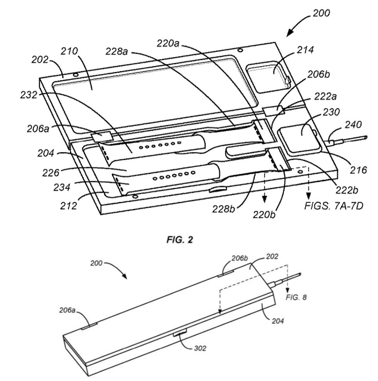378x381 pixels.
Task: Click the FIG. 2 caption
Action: pos(180,240)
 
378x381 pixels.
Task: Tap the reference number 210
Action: pos(69,51)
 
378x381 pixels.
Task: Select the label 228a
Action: pos(116,51)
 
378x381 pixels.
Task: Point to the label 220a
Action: pos(168,44)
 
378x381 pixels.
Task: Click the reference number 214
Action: pos(305,50)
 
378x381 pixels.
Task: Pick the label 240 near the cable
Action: pos(353,125)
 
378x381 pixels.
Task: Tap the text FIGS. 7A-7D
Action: pos(334,206)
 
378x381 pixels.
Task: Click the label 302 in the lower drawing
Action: pos(200,348)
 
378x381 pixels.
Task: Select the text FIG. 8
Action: pos(296,297)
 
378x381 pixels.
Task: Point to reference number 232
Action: pos(29,95)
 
